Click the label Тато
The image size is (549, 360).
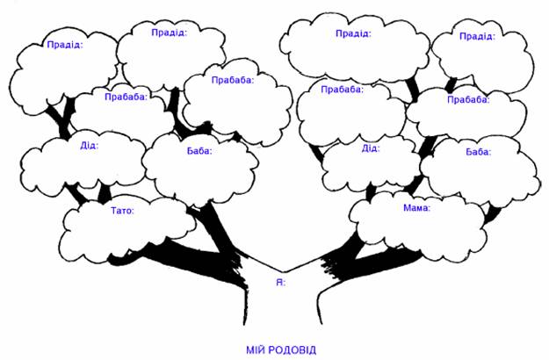122,211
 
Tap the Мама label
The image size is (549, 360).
416,208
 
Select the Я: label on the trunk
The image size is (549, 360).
280,283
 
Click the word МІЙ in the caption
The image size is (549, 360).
256,349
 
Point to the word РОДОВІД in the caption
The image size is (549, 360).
293,349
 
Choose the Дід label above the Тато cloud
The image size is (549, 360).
89,145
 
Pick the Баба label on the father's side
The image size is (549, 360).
199,151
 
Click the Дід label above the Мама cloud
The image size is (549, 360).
371,148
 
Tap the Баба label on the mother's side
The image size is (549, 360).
478,152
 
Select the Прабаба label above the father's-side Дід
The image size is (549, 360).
126,97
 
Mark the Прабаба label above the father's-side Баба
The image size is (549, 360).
233,80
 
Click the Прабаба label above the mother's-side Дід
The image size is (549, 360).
342,90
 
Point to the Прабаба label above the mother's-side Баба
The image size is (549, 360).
468,100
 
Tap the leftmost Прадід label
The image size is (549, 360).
65,45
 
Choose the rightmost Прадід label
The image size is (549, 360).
477,36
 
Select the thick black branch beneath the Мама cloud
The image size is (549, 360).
373,263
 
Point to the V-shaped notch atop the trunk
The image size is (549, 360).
283,271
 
